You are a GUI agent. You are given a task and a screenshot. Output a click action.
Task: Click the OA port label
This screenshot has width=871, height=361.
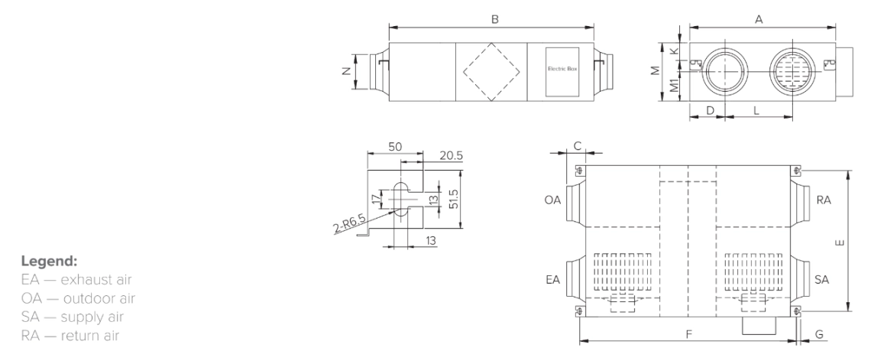(552, 200)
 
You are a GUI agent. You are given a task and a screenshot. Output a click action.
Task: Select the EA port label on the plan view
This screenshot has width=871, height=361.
(552, 280)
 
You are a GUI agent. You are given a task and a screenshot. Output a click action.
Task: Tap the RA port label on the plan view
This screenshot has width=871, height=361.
(823, 200)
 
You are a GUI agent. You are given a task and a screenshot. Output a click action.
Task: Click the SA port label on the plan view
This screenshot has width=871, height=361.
(823, 280)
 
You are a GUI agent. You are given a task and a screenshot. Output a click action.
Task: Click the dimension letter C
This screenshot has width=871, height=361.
(578, 145)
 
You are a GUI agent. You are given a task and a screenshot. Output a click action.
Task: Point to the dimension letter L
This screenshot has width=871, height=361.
(755, 111)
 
